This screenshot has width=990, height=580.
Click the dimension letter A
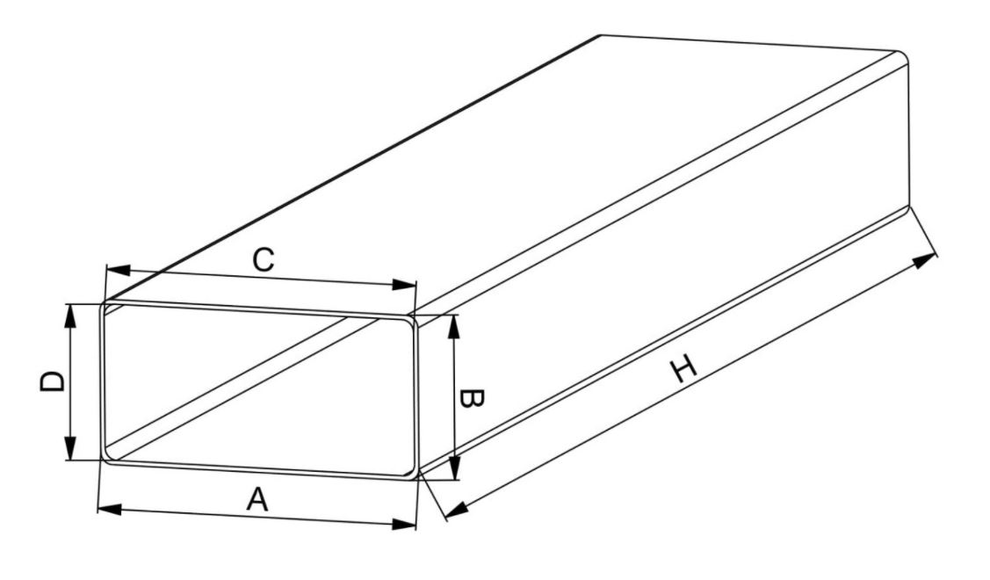pos(257,499)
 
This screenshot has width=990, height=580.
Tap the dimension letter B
pos(470,399)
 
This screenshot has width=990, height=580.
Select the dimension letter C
pos(264,259)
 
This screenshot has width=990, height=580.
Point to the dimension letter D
pos(52,382)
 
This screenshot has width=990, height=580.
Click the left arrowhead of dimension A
pos(110,509)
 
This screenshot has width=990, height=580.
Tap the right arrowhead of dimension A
pos(404,524)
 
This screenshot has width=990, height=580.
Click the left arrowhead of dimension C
pos(118,271)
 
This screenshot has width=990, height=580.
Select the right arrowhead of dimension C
pos(404,285)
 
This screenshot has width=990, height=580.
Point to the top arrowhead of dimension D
pos(70,316)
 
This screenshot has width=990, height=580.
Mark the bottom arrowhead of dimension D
pos(70,448)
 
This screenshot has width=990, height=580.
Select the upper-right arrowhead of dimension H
pos(924,260)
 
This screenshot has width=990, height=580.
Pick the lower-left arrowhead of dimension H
pos(458,509)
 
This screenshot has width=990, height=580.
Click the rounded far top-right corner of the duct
pos(904,55)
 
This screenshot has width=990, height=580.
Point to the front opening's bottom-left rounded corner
pos(106,457)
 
